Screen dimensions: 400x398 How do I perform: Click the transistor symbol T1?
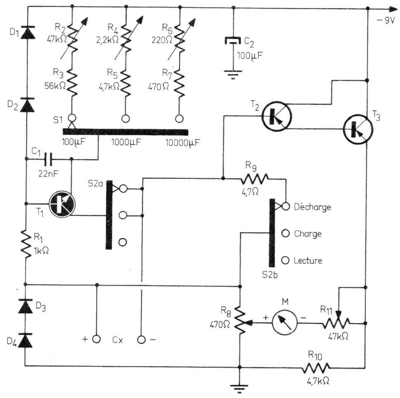62,204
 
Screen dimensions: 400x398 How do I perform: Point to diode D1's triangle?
27,32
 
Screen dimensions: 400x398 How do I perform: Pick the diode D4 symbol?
25,341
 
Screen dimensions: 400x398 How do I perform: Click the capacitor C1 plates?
48,159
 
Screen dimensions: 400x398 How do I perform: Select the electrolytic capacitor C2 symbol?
233,41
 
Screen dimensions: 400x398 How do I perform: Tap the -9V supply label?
386,20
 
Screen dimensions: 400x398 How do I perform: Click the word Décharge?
312,207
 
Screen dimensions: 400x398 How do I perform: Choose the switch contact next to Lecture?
285,260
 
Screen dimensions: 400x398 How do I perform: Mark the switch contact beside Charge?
285,233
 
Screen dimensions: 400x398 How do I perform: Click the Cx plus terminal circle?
96,339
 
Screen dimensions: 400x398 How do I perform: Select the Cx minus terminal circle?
141,339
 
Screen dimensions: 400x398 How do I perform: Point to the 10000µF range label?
182,143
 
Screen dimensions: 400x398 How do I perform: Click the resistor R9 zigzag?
254,179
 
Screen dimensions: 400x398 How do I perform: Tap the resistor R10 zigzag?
315,368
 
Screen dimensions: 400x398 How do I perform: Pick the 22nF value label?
48,174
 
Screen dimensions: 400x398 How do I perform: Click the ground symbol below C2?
233,74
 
